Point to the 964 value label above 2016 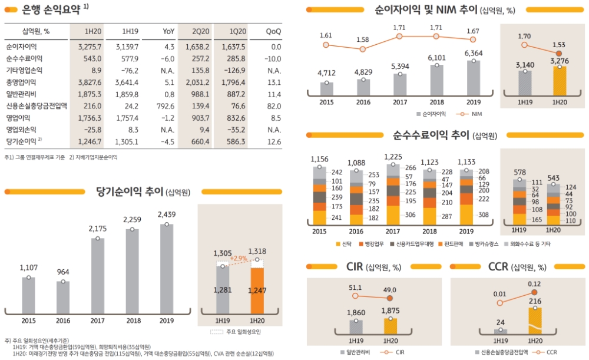pos(64,272)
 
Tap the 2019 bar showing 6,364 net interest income pos(473,78)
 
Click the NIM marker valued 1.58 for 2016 pos(363,48)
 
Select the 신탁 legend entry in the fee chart pos(346,243)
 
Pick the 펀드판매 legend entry pos(453,243)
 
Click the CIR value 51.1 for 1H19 pos(355,288)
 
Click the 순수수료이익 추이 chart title pos(435,135)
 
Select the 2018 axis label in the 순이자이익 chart pos(436,101)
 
